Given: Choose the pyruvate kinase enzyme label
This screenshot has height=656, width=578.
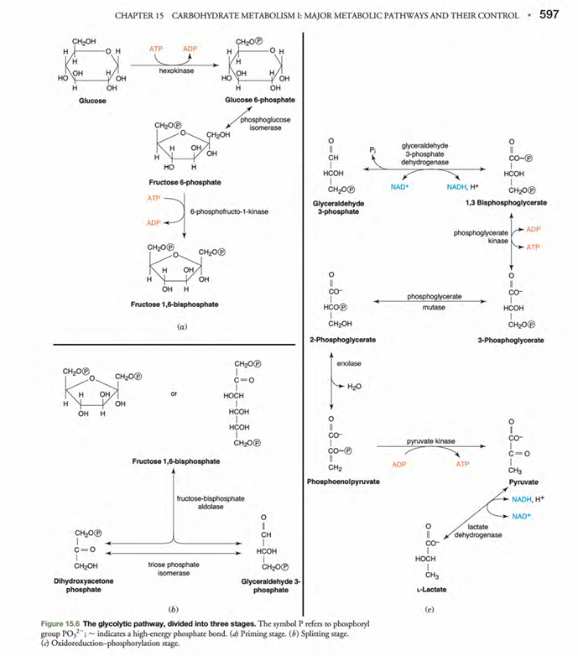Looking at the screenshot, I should coord(430,440).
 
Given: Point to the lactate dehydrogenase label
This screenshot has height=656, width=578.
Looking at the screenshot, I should coord(484,530).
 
